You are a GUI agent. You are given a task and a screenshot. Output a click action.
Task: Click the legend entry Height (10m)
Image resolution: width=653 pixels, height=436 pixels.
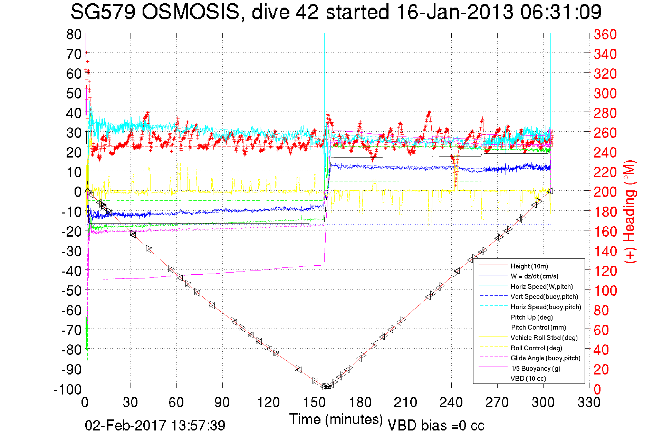tap(529, 266)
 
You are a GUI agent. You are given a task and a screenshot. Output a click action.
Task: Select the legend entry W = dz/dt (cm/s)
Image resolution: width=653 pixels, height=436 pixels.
tap(534, 276)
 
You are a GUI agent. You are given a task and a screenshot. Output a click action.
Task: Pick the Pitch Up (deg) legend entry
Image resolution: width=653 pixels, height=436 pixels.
tap(531, 317)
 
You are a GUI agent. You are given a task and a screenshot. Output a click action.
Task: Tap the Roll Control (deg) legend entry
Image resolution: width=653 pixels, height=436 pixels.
tap(536, 348)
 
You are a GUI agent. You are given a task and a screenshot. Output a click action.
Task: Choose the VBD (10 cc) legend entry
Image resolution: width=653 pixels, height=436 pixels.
tap(528, 379)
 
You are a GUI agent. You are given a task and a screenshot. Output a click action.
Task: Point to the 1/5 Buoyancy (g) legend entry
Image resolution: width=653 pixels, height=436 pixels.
tap(536, 368)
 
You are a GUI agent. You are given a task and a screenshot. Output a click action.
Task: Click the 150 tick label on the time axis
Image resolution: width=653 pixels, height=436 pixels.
tap(314, 402)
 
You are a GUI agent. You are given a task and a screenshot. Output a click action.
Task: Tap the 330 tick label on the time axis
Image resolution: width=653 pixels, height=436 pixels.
tap(589, 402)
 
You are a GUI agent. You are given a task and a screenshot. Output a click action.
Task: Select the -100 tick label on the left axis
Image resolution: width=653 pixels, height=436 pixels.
tap(68, 390)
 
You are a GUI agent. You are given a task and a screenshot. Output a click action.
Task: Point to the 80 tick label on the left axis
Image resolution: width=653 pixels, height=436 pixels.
tap(74, 34)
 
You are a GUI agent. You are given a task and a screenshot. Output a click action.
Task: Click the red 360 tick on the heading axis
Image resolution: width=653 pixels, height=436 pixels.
tap(605, 34)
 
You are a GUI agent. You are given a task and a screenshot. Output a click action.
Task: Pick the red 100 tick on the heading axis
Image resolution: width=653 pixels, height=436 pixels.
tap(605, 291)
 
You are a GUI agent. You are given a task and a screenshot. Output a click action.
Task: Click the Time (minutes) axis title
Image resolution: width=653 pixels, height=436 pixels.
tap(336, 419)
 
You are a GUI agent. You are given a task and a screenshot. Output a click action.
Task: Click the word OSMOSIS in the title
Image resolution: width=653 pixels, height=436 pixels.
tap(191, 12)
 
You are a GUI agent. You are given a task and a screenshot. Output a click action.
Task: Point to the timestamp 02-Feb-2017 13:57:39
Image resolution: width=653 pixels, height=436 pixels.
tap(155, 425)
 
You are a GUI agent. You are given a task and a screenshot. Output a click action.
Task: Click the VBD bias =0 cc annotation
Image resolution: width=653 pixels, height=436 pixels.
tap(436, 425)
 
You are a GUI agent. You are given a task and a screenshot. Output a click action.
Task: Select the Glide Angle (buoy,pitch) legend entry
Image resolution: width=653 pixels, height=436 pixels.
tap(545, 358)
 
